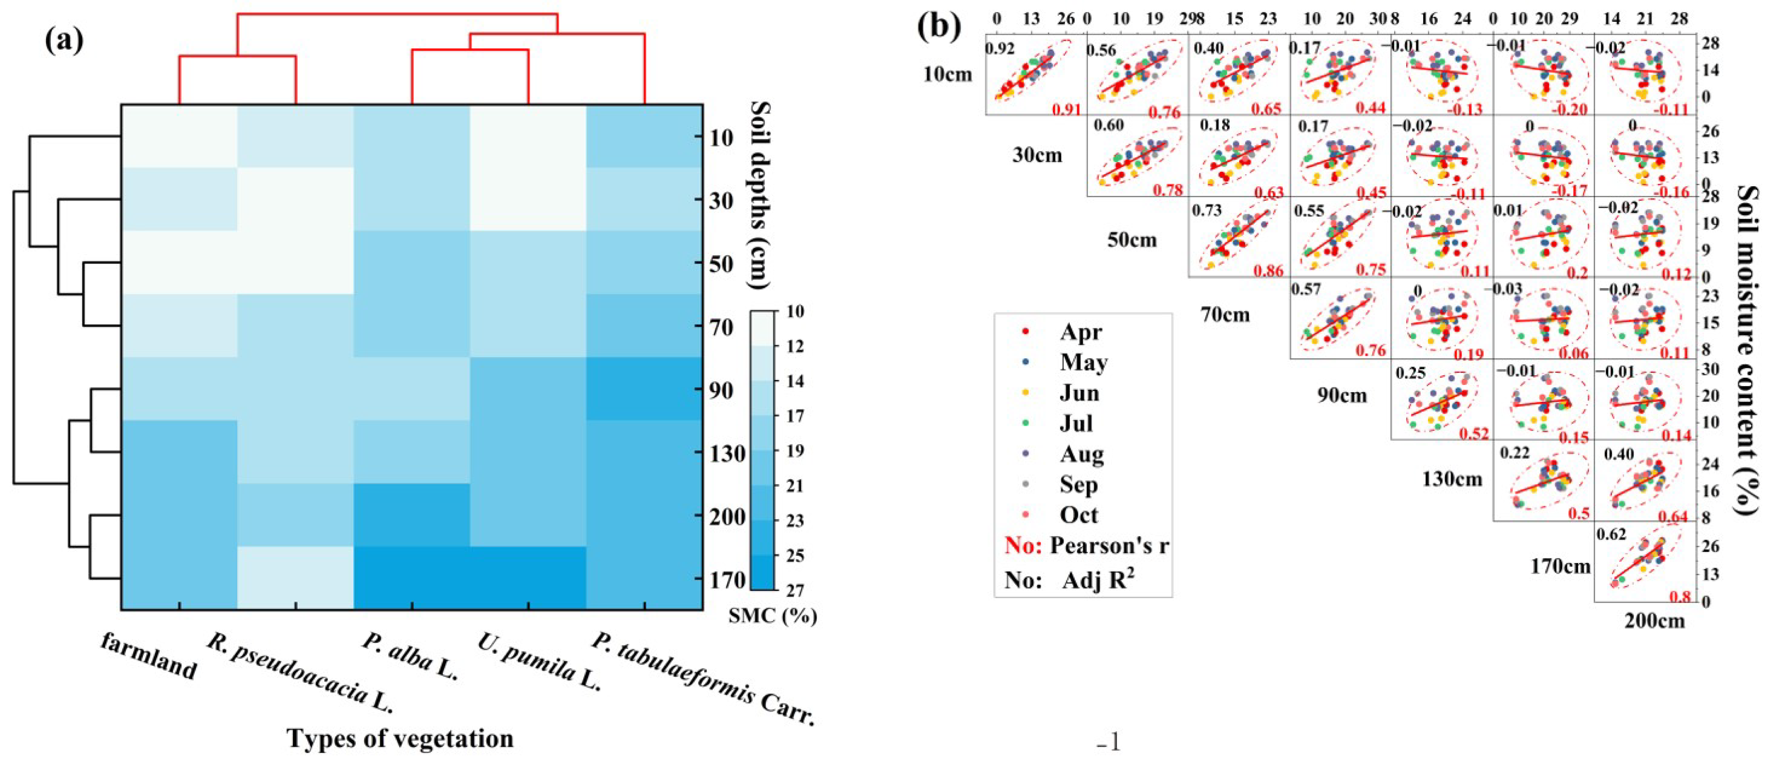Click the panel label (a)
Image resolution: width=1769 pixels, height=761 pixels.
pyautogui.click(x=64, y=41)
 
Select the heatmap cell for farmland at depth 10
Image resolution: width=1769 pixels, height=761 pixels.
pyautogui.click(x=179, y=136)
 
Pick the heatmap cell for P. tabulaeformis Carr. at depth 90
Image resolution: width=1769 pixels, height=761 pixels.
pyautogui.click(x=644, y=389)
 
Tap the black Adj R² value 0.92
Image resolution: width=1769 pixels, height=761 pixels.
pyautogui.click(x=999, y=49)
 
